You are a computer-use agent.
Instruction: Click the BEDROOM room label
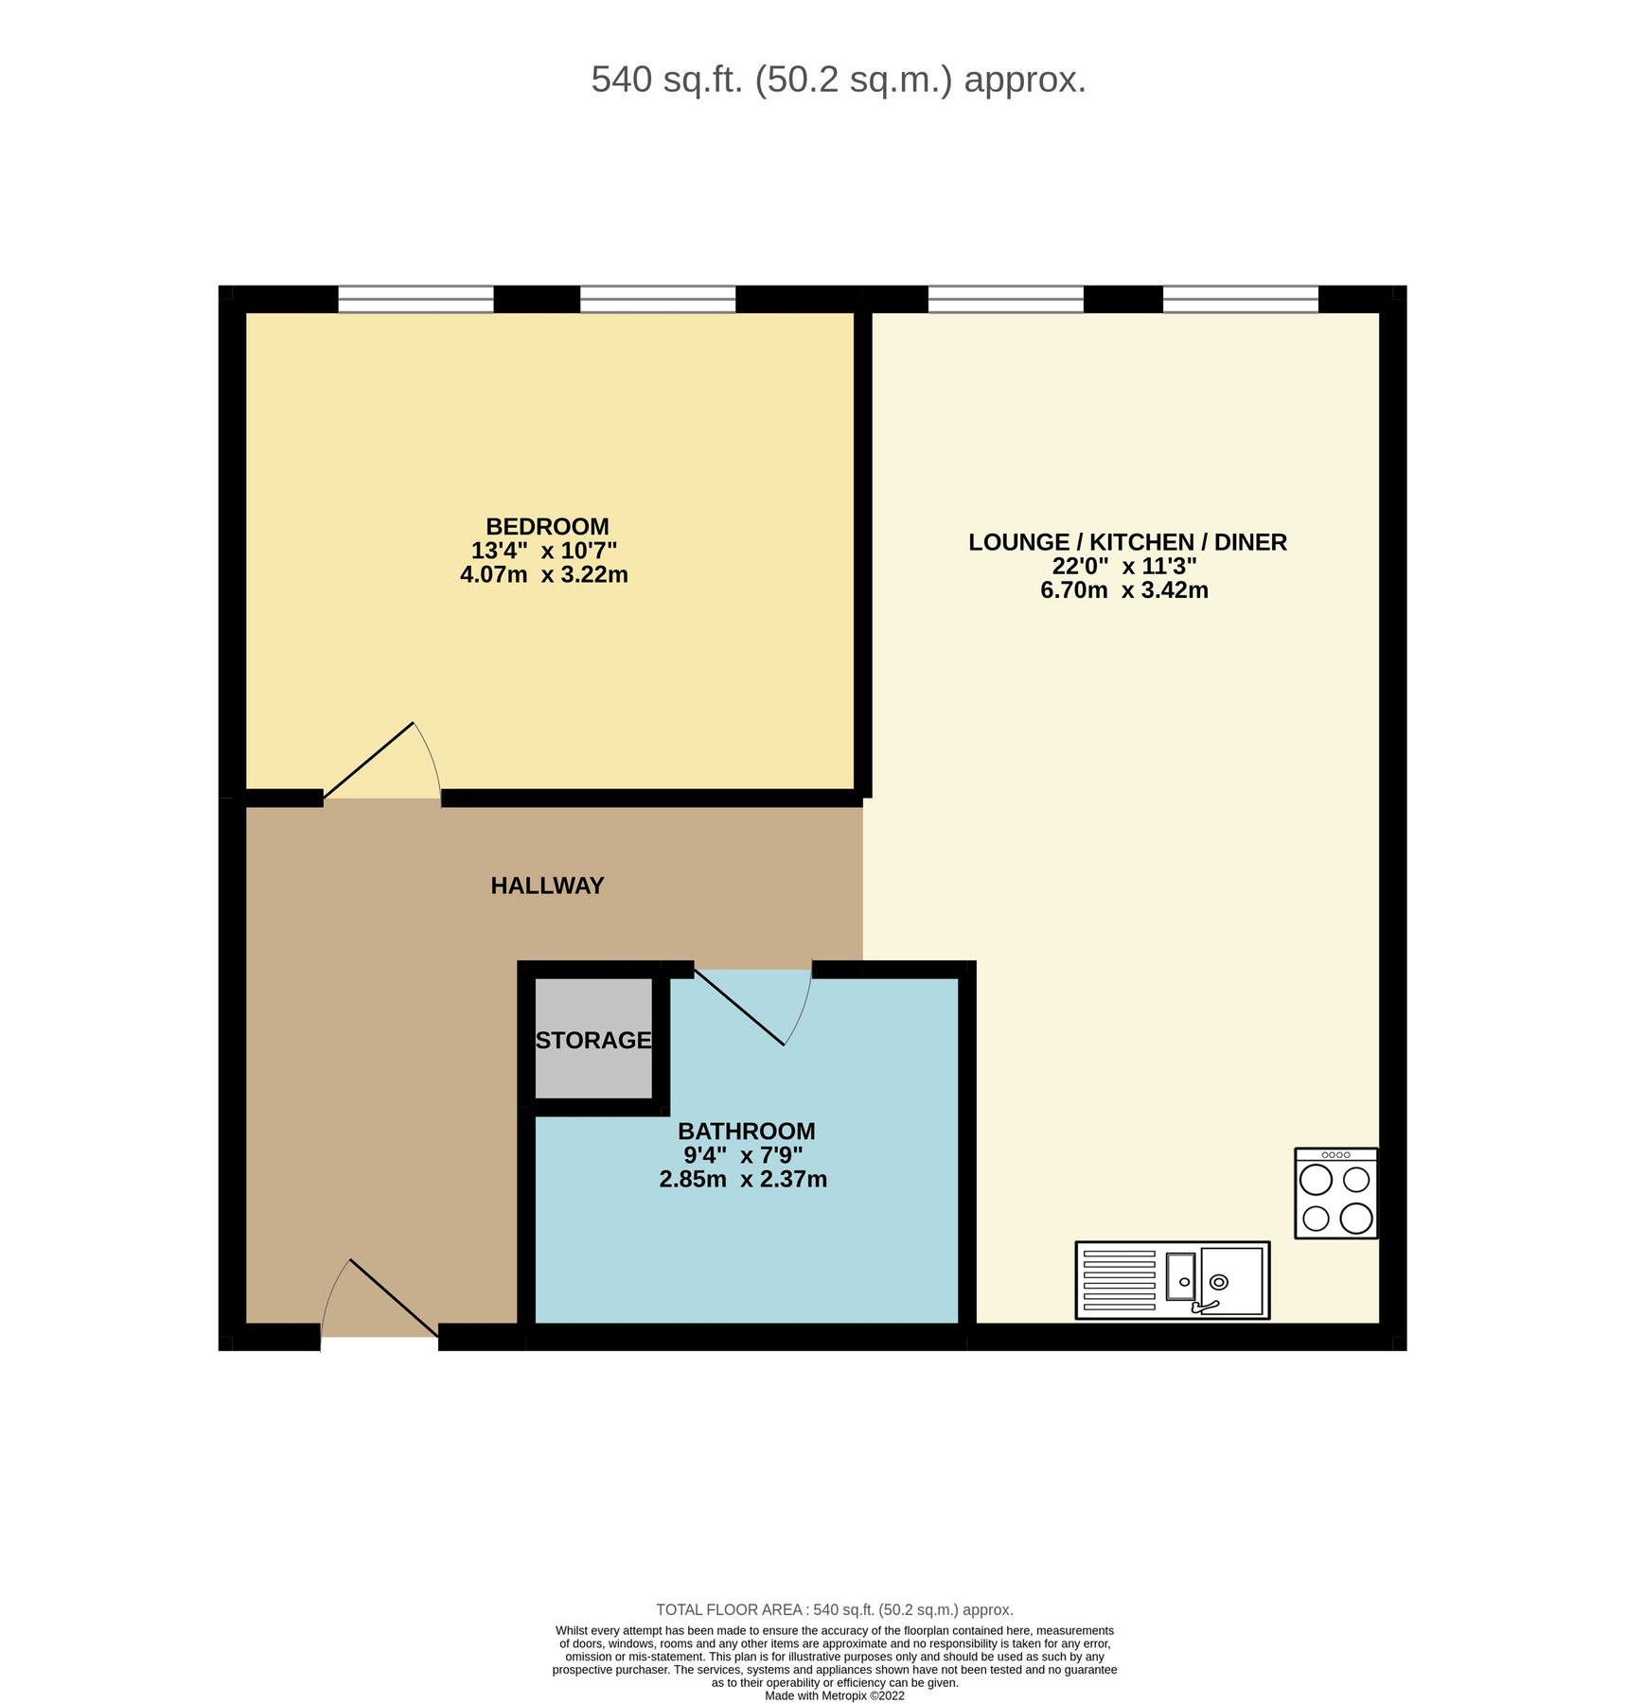click(x=547, y=526)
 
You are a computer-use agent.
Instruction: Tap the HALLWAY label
click(x=547, y=886)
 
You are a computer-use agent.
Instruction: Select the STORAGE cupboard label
click(x=593, y=1040)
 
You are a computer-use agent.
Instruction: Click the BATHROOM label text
click(x=746, y=1131)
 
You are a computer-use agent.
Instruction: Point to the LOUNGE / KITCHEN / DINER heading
click(x=1127, y=542)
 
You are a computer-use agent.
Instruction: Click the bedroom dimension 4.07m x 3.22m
click(x=544, y=574)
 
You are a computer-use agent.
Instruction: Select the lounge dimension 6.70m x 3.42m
click(x=1124, y=590)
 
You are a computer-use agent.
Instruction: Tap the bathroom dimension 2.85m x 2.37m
click(x=743, y=1179)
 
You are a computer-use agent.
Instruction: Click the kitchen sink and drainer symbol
click(x=1172, y=1280)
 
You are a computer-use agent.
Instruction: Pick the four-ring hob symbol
click(x=1335, y=1193)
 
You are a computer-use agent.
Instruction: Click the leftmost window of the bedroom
click(x=415, y=299)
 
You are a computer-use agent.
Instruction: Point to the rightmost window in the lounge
click(x=1240, y=299)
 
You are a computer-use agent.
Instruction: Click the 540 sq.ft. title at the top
click(x=838, y=79)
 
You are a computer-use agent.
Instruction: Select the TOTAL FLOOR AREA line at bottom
click(x=834, y=1609)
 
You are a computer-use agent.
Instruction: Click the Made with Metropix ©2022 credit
click(x=834, y=1695)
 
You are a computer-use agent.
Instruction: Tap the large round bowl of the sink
click(x=1219, y=1282)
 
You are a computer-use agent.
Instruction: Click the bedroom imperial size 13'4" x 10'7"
click(x=544, y=551)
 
